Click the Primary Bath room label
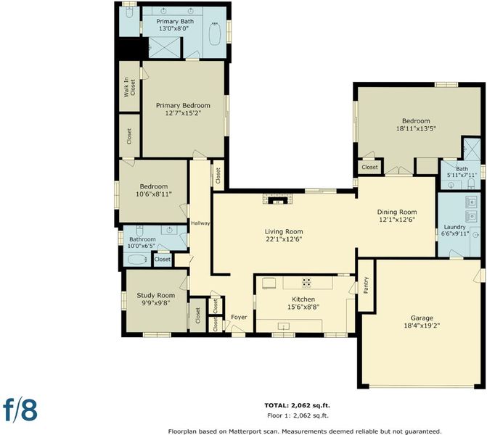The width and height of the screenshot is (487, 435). tap(175, 22)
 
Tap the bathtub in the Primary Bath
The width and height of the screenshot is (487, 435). tap(215, 33)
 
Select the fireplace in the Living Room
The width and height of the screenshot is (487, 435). tap(277, 199)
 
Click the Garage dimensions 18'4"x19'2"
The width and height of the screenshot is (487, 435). tap(422, 326)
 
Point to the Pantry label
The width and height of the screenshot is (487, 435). tap(366, 285)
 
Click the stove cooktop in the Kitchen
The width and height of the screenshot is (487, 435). tap(306, 282)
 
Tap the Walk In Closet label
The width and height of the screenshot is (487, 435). tap(129, 88)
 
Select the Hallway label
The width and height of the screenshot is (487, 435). tap(200, 223)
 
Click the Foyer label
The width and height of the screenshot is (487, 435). tap(239, 317)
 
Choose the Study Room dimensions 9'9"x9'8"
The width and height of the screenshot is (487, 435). tap(155, 303)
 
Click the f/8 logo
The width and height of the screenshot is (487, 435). tap(20, 410)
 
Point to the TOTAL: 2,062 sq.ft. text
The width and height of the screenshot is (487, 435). tap(298, 405)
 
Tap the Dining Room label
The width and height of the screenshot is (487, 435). tap(397, 212)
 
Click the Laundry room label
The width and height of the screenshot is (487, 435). tap(454, 227)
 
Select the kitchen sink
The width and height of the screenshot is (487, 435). tap(283, 326)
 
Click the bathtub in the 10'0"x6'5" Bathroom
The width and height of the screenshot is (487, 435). tap(138, 260)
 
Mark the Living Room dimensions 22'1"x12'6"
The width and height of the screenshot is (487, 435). tap(284, 239)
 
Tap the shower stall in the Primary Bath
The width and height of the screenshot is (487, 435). tap(164, 47)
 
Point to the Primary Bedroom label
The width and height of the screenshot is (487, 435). tap(183, 106)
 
